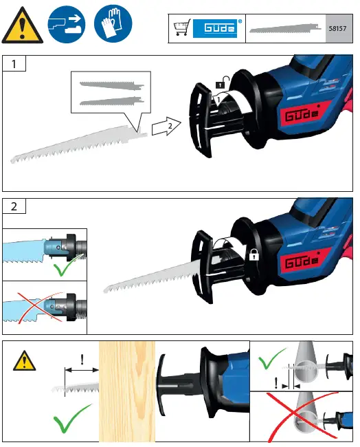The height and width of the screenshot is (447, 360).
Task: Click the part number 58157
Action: coord(339,30)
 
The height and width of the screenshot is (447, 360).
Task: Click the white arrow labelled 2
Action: coord(165,127)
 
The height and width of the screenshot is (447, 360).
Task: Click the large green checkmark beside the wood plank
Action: coord(71,418)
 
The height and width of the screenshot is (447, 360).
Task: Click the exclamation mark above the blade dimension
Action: coord(82,359)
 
